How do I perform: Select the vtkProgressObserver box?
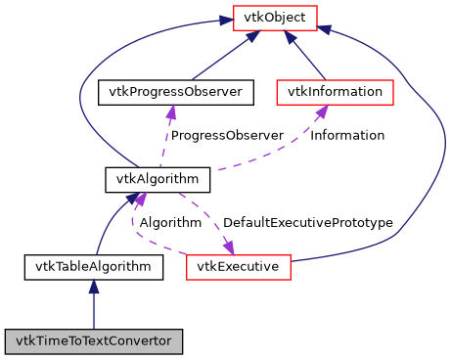click(x=176, y=92)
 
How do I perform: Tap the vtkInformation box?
click(x=335, y=92)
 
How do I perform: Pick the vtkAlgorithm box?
click(x=158, y=179)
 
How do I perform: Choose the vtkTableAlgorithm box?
click(x=94, y=265)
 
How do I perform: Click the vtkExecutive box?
click(x=238, y=265)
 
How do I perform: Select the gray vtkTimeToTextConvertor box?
click(x=94, y=341)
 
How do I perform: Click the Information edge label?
click(x=347, y=135)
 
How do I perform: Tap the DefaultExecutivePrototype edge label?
click(x=307, y=222)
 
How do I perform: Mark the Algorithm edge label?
click(x=170, y=222)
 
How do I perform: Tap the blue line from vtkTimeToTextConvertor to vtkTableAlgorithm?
click(x=94, y=311)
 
